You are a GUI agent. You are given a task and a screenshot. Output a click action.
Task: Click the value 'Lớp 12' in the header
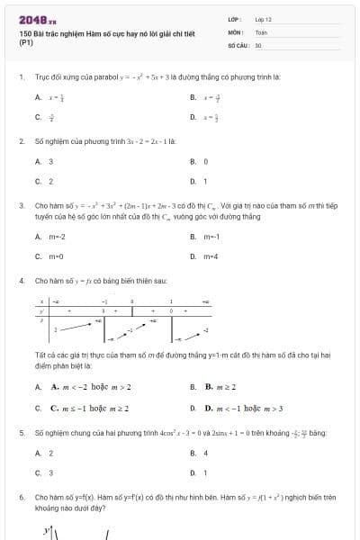click(x=263, y=19)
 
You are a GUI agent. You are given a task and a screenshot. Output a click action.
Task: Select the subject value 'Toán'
click(x=261, y=31)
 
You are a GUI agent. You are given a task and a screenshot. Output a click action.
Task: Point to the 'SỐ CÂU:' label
click(x=237, y=44)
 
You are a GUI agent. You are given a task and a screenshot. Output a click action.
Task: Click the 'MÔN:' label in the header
click(x=236, y=31)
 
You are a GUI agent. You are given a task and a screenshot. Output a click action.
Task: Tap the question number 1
click(x=21, y=77)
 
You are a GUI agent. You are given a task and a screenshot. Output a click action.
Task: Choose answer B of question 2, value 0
click(x=205, y=161)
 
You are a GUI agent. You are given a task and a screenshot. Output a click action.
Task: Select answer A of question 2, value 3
click(x=50, y=161)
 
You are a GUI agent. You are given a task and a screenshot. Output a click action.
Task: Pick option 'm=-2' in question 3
click(x=57, y=237)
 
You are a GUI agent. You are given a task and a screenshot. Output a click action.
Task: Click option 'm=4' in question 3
click(x=211, y=256)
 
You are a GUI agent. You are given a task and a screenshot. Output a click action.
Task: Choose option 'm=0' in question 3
click(x=56, y=256)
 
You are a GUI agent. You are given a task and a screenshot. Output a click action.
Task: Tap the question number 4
click(x=21, y=281)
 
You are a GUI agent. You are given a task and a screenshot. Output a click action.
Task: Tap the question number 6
click(x=21, y=497)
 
